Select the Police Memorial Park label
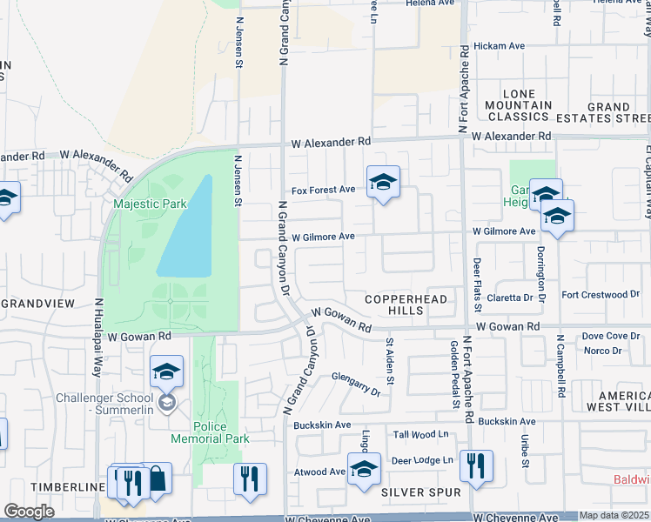[198, 433]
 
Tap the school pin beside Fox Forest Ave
[383, 183]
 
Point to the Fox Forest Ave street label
[324, 190]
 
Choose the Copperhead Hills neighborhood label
[406, 304]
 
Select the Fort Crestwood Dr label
[601, 295]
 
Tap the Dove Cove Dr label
[610, 336]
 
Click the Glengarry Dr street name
[356, 384]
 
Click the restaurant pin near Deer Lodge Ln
[475, 465]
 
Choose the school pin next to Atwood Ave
[364, 469]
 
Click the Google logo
[30, 512]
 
